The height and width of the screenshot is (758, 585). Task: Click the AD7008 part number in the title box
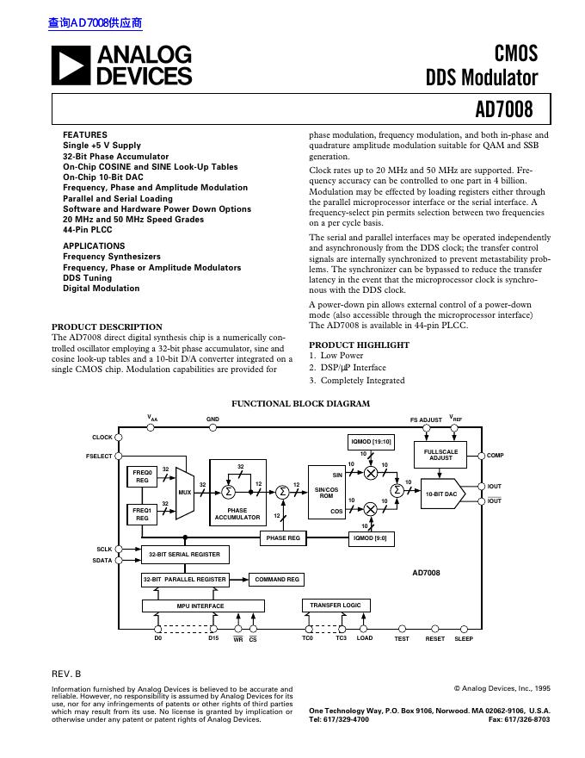(x=503, y=110)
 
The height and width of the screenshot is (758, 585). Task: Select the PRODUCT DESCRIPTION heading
(x=107, y=326)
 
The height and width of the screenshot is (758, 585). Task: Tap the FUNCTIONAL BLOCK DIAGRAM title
(x=301, y=403)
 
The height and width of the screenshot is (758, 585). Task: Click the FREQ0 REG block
(x=142, y=476)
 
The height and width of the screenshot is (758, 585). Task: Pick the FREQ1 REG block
(x=142, y=514)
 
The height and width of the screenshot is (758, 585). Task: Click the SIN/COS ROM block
(x=326, y=493)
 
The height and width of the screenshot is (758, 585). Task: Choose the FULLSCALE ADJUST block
(x=440, y=454)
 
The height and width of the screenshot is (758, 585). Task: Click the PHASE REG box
(x=282, y=538)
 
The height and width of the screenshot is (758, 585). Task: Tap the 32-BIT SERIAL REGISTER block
(x=184, y=555)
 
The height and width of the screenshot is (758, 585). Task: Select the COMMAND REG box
(x=277, y=580)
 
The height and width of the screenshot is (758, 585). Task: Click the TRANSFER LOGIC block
(x=336, y=606)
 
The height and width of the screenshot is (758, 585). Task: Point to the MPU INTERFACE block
(x=200, y=606)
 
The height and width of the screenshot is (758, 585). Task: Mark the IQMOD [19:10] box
(x=371, y=442)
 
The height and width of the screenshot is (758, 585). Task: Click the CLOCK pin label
(x=102, y=438)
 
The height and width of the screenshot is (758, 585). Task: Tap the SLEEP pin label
(x=464, y=638)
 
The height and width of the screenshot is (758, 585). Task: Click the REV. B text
(x=66, y=672)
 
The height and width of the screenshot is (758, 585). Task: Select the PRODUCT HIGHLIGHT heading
(x=347, y=345)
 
